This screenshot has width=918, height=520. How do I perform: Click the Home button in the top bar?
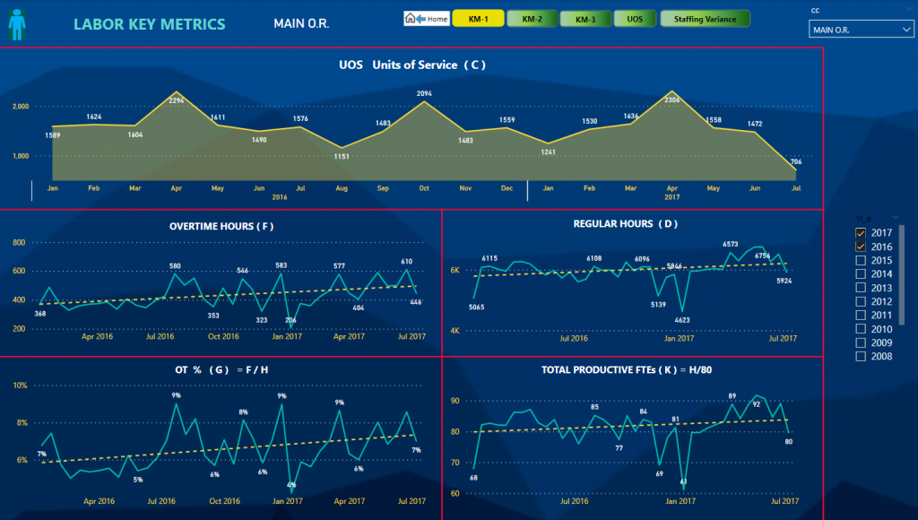tap(427, 18)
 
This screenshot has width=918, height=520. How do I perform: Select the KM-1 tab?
tap(478, 18)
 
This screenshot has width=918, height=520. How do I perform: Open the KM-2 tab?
tap(532, 18)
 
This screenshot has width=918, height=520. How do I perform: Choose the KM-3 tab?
tap(585, 18)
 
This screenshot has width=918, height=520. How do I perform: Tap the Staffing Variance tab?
tap(705, 18)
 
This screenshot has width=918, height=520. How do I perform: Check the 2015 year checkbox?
tap(861, 260)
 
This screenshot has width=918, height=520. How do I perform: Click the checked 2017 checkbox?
tap(861, 233)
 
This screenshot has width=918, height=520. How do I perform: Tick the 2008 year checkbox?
tap(861, 356)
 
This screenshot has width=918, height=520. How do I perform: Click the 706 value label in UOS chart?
tap(795, 161)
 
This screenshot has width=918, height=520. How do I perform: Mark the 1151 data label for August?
tap(341, 157)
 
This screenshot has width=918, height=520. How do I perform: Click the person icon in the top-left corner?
tap(17, 23)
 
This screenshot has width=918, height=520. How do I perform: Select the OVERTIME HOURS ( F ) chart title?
tap(221, 226)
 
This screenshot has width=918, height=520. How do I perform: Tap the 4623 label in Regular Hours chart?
tap(683, 319)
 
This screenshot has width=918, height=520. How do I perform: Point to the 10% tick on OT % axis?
tap(20, 386)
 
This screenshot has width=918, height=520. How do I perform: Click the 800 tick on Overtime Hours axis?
tap(19, 242)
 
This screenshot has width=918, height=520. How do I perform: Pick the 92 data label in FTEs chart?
tap(757, 404)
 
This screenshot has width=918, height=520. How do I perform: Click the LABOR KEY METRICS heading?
tap(149, 24)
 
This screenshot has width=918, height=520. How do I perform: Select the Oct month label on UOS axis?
tap(424, 189)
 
